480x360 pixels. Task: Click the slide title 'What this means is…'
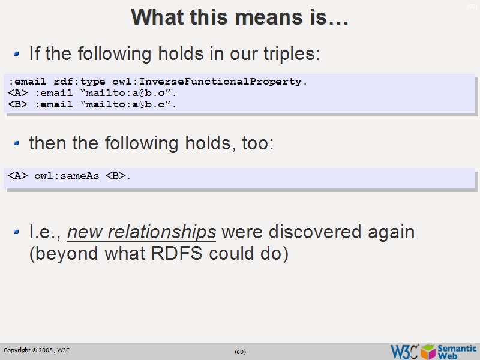pyautogui.click(x=240, y=17)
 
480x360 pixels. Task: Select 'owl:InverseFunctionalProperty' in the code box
pyautogui.click(x=223, y=82)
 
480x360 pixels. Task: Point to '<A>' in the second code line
pyautogui.click(x=17, y=94)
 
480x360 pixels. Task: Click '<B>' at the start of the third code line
pyautogui.click(x=17, y=104)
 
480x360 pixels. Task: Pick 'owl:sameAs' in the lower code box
pyautogui.click(x=67, y=176)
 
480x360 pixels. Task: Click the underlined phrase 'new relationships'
pyautogui.click(x=142, y=232)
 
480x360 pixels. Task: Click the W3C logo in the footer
pyautogui.click(x=404, y=351)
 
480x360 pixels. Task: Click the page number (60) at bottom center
pyautogui.click(x=240, y=352)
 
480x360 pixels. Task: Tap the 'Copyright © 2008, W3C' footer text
pyautogui.click(x=37, y=350)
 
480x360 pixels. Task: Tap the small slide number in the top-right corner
pyautogui.click(x=472, y=6)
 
